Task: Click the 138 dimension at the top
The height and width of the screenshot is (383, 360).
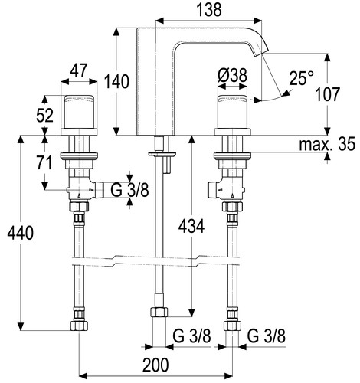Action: pyautogui.click(x=209, y=10)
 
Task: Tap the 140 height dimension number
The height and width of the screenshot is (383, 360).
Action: pyautogui.click(x=116, y=81)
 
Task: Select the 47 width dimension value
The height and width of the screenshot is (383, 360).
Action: pyautogui.click(x=79, y=70)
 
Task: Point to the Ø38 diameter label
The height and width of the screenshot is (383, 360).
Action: pyautogui.click(x=232, y=76)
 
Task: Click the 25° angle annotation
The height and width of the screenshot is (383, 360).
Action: pyautogui.click(x=301, y=78)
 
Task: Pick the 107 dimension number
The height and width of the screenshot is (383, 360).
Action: pyautogui.click(x=327, y=94)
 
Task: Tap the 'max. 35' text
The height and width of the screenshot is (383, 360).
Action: pyautogui.click(x=327, y=144)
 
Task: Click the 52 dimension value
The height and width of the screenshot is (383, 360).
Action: pyautogui.click(x=44, y=116)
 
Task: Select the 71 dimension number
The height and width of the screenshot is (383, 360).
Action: pyautogui.click(x=44, y=162)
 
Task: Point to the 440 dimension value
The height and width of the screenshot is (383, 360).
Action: pyautogui.click(x=20, y=233)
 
